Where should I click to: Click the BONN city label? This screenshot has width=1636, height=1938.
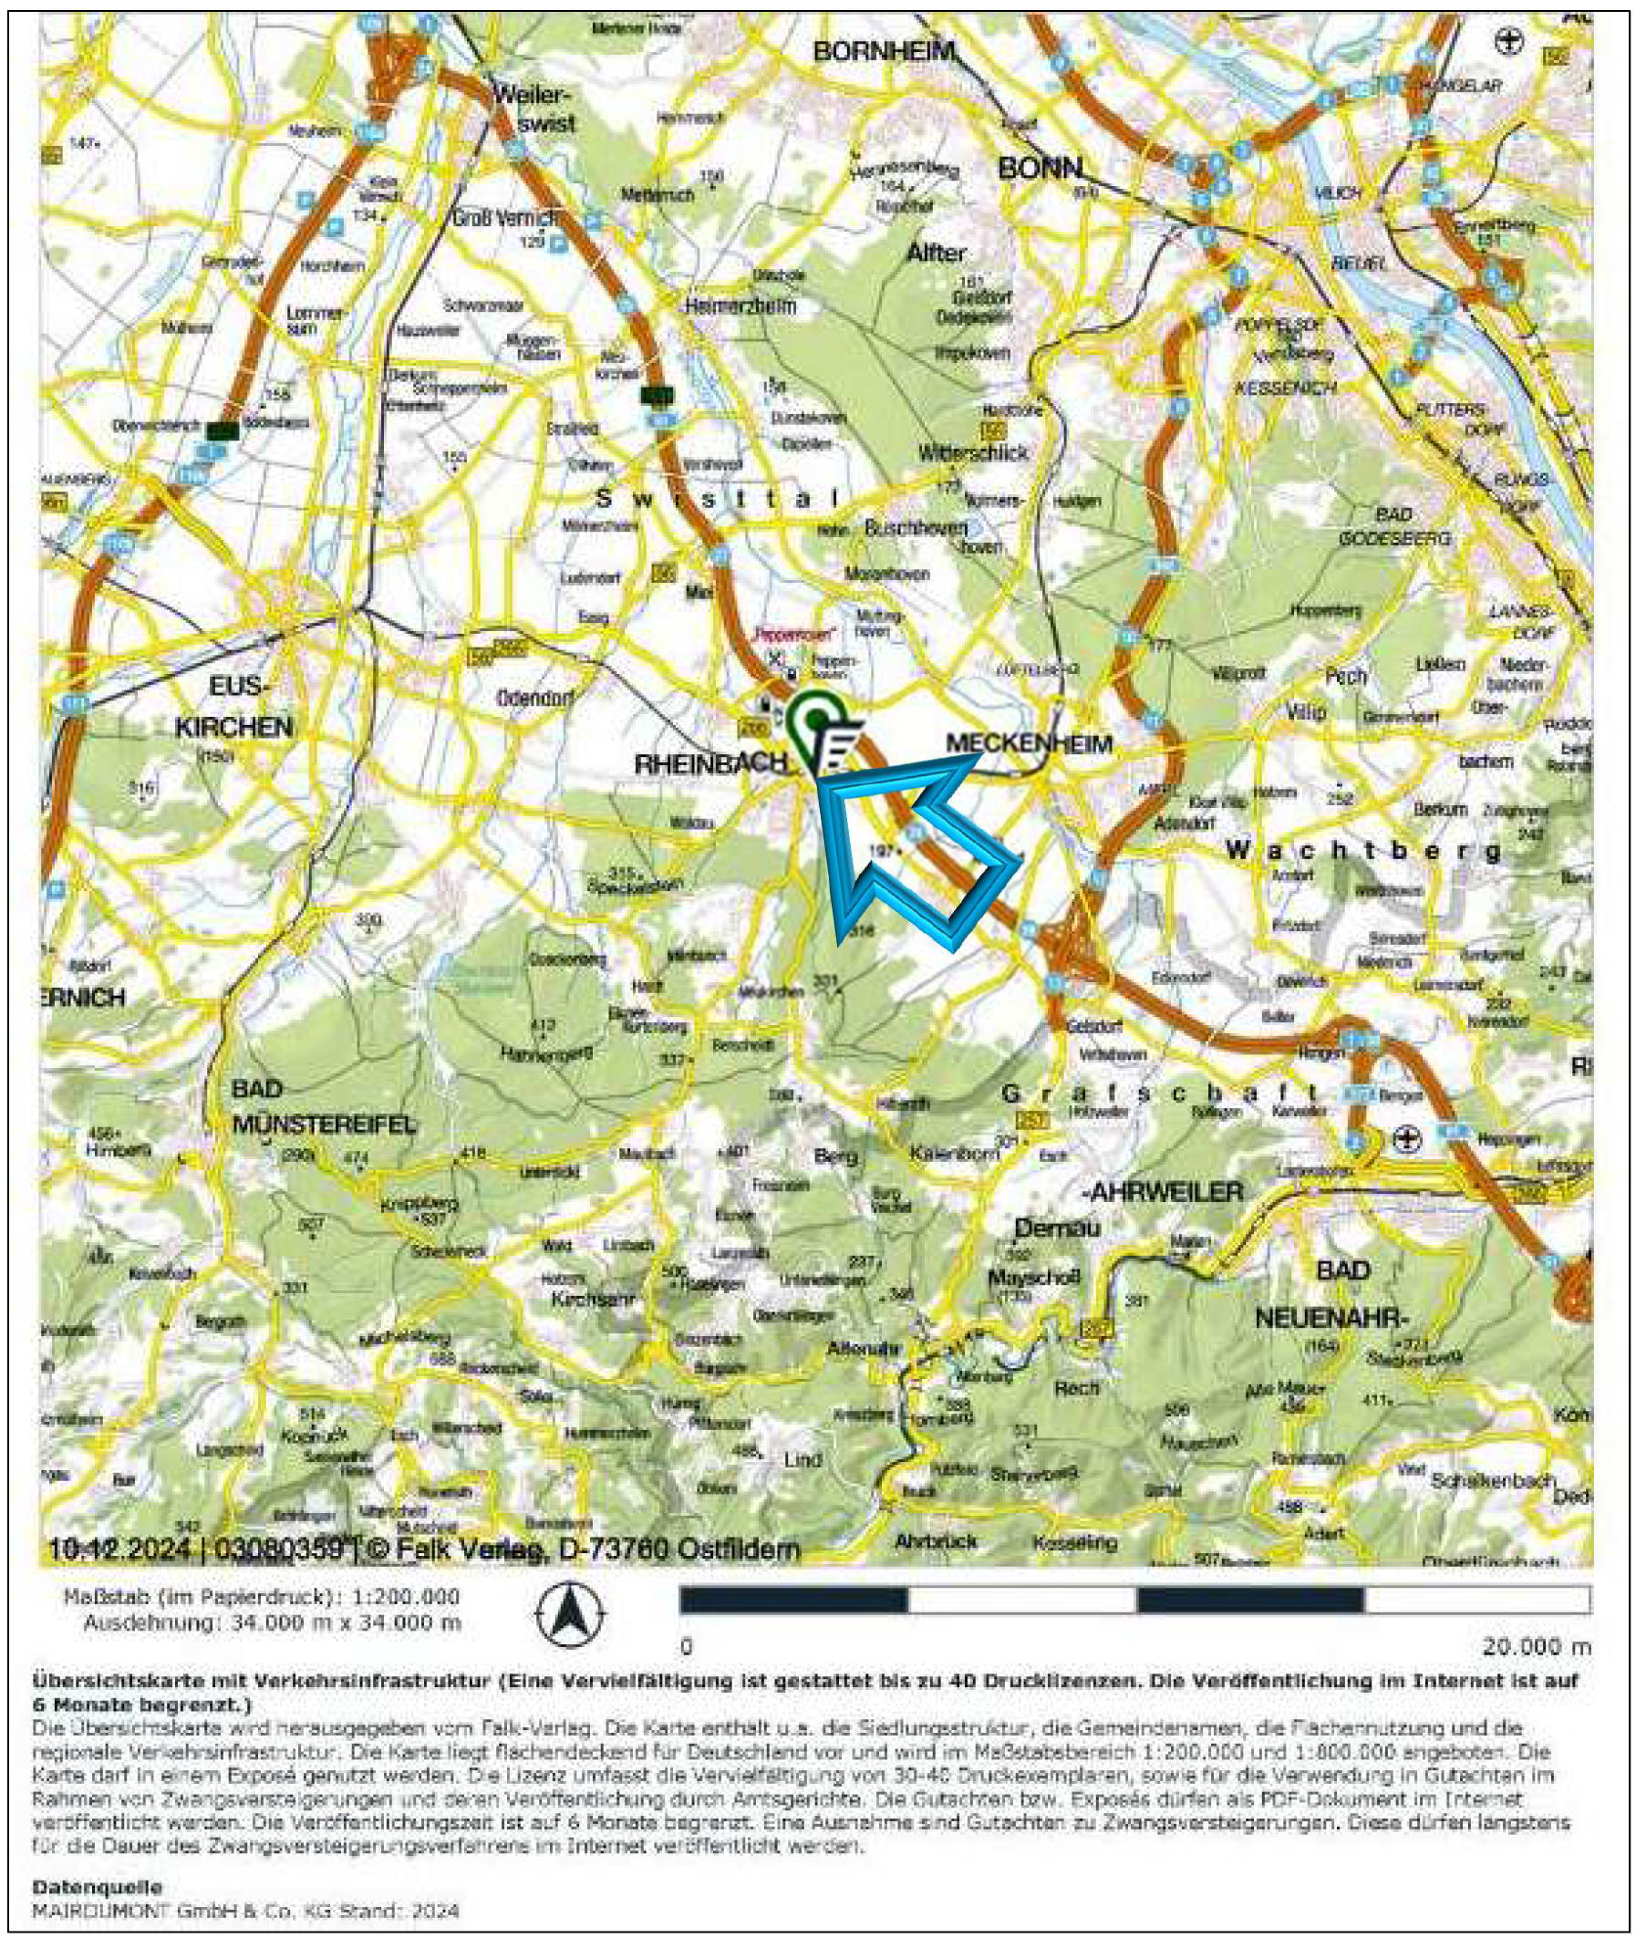1040,168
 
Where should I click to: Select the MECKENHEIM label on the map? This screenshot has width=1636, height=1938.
1029,742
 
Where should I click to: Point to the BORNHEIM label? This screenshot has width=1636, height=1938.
884,53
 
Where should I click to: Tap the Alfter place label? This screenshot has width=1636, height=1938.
937,253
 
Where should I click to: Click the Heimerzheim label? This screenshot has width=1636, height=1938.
740,307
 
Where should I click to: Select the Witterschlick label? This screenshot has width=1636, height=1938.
974,452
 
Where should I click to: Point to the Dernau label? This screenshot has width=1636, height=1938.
1057,1228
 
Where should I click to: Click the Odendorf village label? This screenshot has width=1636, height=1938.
536,698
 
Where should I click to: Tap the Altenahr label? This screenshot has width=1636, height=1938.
863,1350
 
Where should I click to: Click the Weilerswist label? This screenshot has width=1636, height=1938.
534,108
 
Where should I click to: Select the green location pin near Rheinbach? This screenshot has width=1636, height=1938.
815,719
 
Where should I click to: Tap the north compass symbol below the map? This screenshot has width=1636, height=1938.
570,1615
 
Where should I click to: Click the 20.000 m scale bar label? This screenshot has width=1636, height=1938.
1535,1647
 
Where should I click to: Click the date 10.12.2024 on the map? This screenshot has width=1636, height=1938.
119,1549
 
